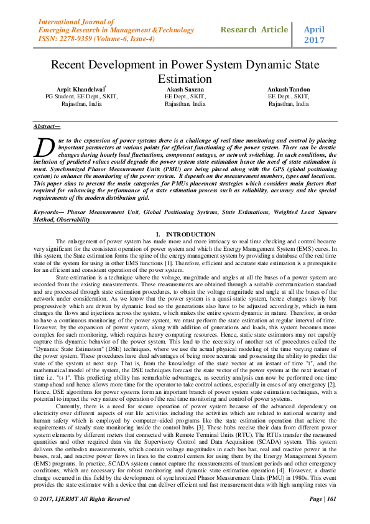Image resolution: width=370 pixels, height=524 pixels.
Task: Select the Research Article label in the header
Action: [x=254, y=29]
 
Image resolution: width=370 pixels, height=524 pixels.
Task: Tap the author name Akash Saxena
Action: [x=185, y=90]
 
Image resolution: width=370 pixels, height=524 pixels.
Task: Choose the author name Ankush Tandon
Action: [x=289, y=90]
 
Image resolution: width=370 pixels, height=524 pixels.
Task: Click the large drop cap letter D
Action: [x=43, y=147]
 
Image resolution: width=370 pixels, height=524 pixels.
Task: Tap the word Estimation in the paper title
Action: [x=185, y=79]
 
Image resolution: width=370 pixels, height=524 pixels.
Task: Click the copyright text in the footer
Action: [x=82, y=498]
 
